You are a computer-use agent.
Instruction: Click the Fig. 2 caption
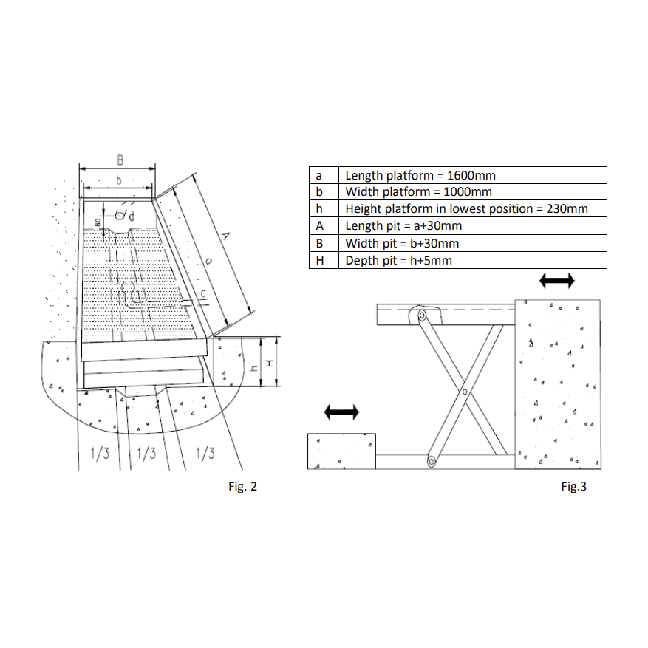pos(242,486)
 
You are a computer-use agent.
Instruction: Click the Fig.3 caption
pos(573,486)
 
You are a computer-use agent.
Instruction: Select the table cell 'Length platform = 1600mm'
pos(472,175)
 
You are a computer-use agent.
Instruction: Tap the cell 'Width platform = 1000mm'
pos(472,192)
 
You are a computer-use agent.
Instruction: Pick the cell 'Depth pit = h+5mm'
pos(472,260)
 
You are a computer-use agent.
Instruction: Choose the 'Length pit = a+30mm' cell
pos(472,226)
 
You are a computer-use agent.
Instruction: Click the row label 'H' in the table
pos(319,260)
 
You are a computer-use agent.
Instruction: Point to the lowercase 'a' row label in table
pos(318,176)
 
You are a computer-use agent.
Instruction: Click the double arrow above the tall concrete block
pos(556,281)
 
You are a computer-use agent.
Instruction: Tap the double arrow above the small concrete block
pos(341,412)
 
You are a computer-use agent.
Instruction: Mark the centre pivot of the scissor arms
pos(465,392)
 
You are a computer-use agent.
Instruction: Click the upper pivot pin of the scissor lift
pos(421,316)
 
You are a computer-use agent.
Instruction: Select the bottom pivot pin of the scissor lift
pos(432,462)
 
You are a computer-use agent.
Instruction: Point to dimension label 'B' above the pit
pos(120,160)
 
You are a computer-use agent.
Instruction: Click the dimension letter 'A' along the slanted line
pos(225,236)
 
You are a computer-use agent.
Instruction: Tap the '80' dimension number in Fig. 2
pos(98,222)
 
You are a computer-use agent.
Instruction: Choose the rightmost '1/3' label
pos(205,454)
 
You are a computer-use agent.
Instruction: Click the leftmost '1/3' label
pos(100,454)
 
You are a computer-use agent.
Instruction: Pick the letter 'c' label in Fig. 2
pos(203,294)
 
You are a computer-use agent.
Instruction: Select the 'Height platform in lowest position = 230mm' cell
pos(472,208)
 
